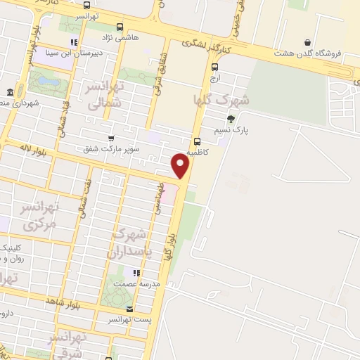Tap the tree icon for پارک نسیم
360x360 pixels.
(x=231, y=117)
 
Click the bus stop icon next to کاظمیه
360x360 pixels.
(x=197, y=139)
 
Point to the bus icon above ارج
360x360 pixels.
(x=214, y=67)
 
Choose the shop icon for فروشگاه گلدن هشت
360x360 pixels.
(x=307, y=41)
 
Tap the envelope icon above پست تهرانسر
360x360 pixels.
(x=128, y=308)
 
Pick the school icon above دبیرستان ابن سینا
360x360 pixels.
(x=73, y=41)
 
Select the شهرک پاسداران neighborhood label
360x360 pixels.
(x=129, y=243)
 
